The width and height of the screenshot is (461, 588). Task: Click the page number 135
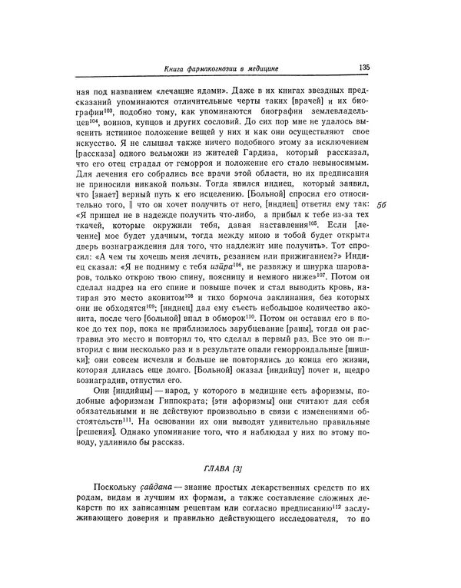363,68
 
